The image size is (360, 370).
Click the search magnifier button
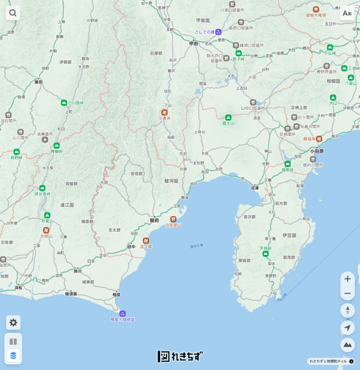coord(13,13)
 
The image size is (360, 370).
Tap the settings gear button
coord(13,322)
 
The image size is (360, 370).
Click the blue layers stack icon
coord(13,355)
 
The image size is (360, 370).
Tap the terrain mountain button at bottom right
coord(348,345)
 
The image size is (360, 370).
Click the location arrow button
coord(348,328)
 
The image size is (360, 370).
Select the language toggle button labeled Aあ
coord(347,13)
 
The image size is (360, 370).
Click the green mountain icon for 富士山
coord(228,117)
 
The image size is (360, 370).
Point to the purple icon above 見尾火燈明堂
coord(122,313)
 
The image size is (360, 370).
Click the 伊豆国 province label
coord(289,235)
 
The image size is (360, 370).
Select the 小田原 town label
coord(318,151)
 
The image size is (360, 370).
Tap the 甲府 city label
coord(193,43)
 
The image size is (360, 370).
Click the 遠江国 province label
coord(67,204)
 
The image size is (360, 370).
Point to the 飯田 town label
coord(37,82)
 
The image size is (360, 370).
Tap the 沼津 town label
coord(255,187)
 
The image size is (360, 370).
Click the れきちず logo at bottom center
coord(180,356)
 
